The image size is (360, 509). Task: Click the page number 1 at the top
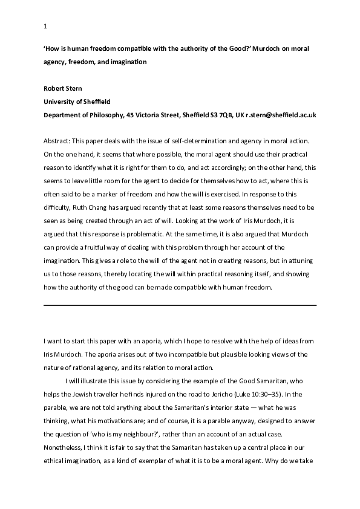[45, 26]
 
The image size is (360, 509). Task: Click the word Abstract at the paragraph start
[59, 135]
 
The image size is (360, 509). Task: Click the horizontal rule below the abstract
[180, 305]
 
